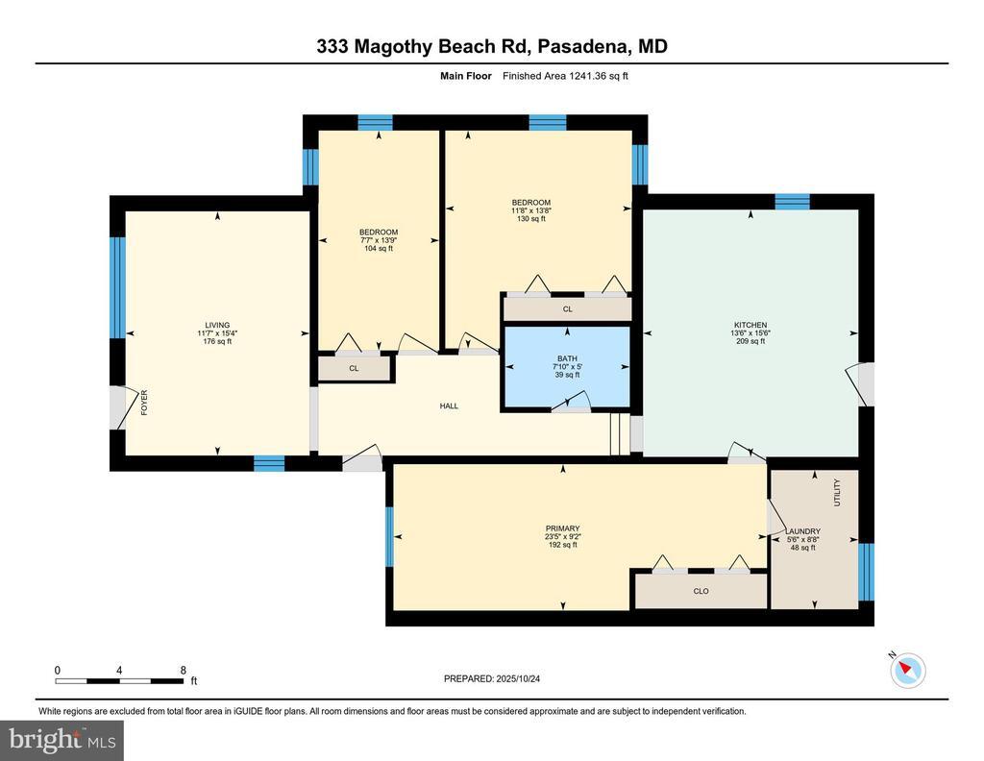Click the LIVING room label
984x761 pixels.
click(x=217, y=325)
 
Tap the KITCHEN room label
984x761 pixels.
click(x=750, y=325)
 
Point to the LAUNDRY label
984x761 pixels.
click(x=802, y=531)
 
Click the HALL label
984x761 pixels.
click(x=449, y=406)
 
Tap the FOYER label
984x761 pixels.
click(x=145, y=404)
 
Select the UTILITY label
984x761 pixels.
click(x=836, y=494)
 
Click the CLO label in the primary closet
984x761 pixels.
click(x=701, y=591)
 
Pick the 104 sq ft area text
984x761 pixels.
click(x=379, y=249)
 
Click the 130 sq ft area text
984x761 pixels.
click(x=530, y=219)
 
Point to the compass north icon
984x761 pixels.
click(x=908, y=669)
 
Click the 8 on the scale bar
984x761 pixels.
click(x=183, y=670)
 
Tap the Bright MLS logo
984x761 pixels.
click(x=61, y=740)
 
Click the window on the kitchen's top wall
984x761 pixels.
click(x=792, y=201)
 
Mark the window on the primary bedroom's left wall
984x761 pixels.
click(x=390, y=536)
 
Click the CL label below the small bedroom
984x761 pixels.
click(x=354, y=368)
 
